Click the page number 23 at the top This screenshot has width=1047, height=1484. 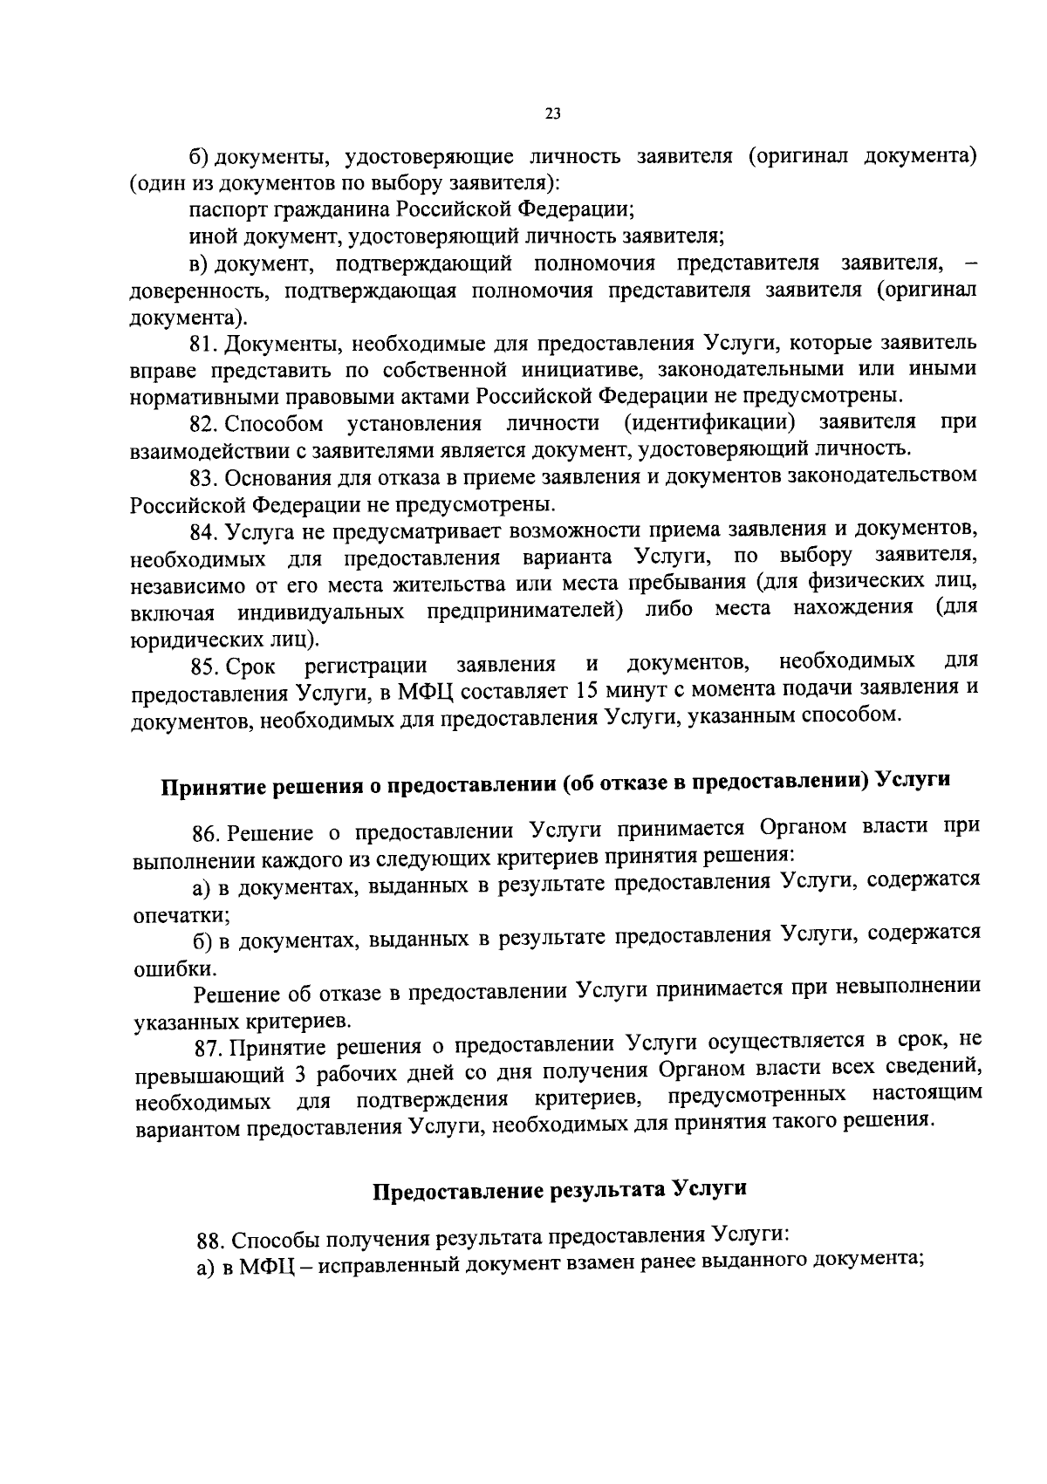[x=552, y=113]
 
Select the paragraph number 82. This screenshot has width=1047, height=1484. [x=205, y=424]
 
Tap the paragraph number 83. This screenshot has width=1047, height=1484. [x=205, y=478]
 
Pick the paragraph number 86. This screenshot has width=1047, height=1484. [x=207, y=831]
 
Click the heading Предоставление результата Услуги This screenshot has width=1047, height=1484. [x=560, y=1190]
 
